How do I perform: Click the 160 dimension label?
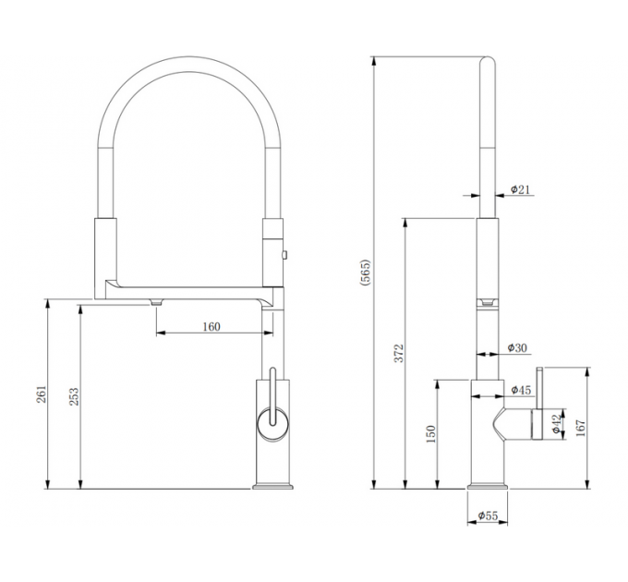click(x=211, y=326)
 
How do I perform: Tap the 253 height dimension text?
click(x=75, y=395)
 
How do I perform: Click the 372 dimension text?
click(x=399, y=353)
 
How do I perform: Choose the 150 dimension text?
click(x=431, y=434)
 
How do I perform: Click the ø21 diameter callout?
click(x=519, y=190)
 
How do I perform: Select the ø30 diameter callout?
click(x=517, y=348)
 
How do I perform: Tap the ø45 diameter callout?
click(x=520, y=391)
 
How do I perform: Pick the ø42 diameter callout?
click(x=555, y=424)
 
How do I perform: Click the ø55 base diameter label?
click(x=489, y=516)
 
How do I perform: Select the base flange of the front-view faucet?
click(x=272, y=484)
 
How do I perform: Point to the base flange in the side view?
click(x=489, y=484)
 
